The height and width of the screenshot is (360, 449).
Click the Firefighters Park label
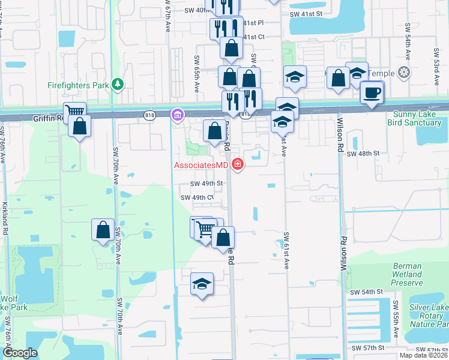pos(78,85)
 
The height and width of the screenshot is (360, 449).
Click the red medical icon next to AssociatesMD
pos(238,164)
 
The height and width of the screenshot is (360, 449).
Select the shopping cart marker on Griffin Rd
pos(74,112)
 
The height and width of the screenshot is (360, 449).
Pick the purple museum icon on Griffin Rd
pos(177,114)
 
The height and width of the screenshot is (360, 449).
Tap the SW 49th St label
pos(206,184)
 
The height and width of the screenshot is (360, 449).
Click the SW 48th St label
pos(364,154)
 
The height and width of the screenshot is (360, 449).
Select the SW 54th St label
pos(367,292)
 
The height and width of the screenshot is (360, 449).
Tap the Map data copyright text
pos(423,355)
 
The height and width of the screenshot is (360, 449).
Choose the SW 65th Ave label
pos(196,74)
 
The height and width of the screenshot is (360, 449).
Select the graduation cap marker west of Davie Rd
pos(202,284)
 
